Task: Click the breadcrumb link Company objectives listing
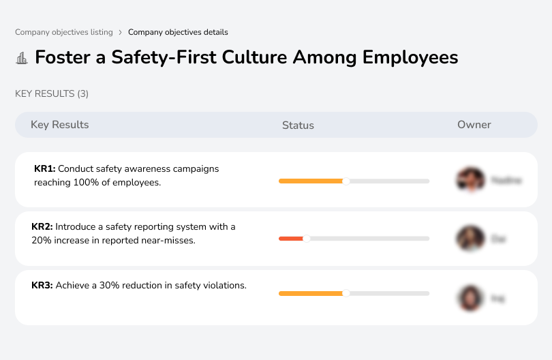point(64,32)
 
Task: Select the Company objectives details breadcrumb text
point(178,32)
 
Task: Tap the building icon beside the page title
point(22,58)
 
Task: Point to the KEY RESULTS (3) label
point(52,93)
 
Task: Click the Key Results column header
point(59,125)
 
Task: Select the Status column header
point(298,125)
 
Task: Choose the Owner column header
point(474,125)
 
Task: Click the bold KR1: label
point(45,168)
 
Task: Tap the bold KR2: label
point(42,226)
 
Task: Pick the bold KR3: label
point(42,286)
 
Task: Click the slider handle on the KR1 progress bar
point(346,181)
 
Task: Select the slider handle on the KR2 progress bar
point(307,239)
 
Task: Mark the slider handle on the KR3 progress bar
point(346,293)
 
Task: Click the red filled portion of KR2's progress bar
point(291,239)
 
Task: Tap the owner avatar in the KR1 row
point(470,180)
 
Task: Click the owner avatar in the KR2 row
point(470,239)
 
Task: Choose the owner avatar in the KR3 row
point(470,298)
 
